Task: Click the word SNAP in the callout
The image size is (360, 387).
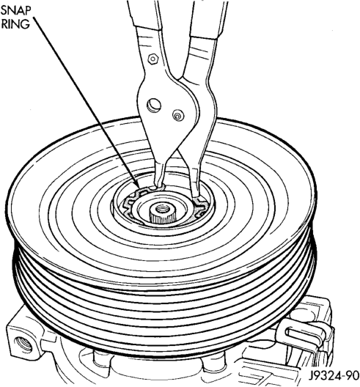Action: coord(16,10)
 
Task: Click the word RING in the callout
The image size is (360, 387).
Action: coord(15,24)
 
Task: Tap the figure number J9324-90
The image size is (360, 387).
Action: coord(333,376)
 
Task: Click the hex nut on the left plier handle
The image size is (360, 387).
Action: coord(153,59)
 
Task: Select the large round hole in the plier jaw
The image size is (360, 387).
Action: coord(154,105)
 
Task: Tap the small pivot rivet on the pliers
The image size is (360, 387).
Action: coord(177,115)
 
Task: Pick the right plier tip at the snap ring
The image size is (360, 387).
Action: coord(196,196)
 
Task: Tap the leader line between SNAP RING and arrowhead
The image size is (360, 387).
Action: coord(85,100)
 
